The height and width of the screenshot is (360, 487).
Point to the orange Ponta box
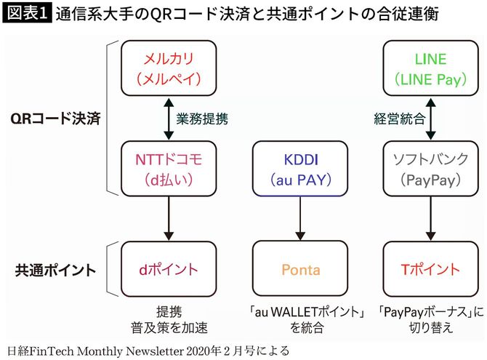[299, 269]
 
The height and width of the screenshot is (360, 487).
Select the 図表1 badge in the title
[25, 15]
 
